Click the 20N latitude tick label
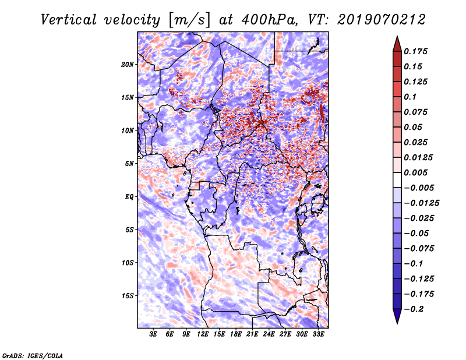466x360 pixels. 128,64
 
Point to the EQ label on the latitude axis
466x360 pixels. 129,197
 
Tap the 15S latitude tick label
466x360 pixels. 128,296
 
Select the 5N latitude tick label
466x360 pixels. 129,164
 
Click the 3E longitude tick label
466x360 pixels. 153,334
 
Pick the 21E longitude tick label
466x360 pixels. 252,334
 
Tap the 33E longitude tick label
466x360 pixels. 318,334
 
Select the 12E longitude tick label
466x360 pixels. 203,334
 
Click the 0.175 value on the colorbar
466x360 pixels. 415,51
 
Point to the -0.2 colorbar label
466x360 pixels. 414,309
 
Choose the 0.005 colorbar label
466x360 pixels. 415,172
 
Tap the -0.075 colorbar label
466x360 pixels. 419,249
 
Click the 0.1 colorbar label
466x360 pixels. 410,97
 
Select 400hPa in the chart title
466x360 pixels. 269,20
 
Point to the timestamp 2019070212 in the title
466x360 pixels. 382,20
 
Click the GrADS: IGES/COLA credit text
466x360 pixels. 33,355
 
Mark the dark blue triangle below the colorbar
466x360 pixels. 397,315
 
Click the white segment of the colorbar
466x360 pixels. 397,180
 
